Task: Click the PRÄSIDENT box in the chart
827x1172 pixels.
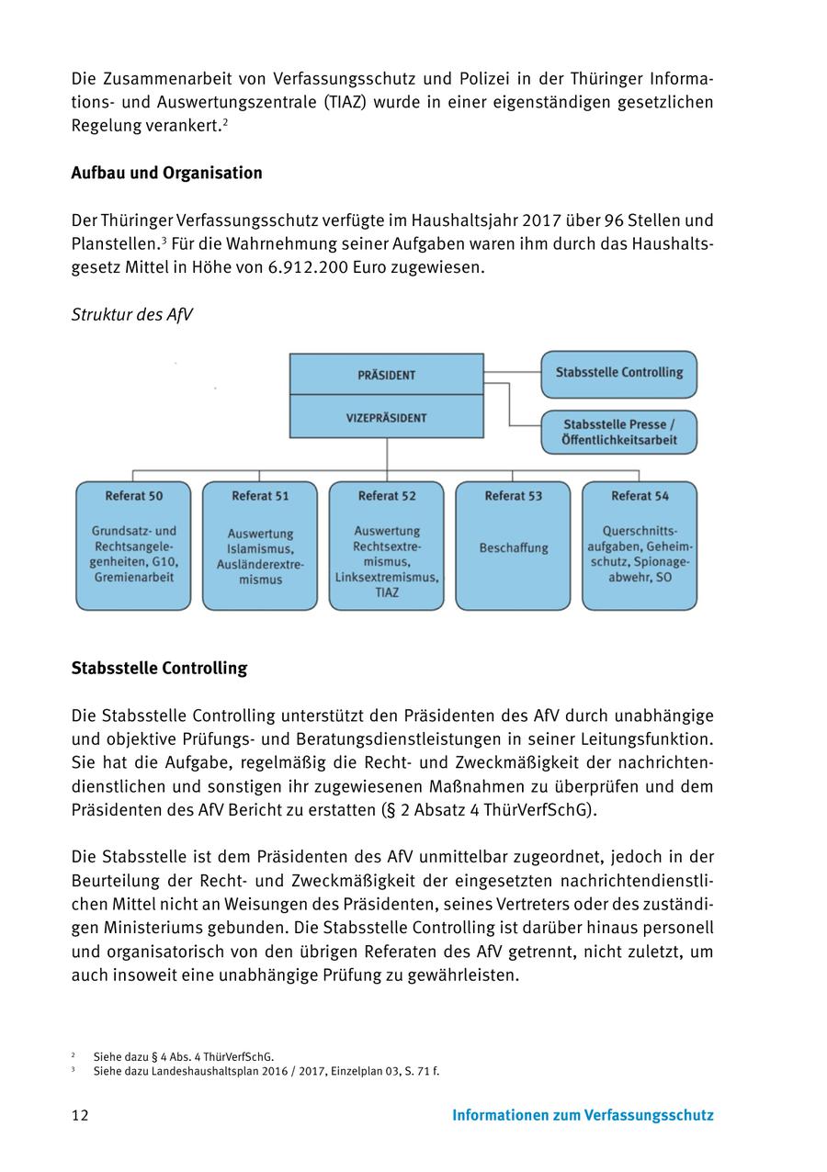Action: pyautogui.click(x=386, y=375)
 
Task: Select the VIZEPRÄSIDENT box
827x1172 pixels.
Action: pyautogui.click(x=386, y=418)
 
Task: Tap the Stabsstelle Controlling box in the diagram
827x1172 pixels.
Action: pyautogui.click(x=618, y=373)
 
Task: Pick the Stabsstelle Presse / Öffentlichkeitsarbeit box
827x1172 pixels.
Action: pyautogui.click(x=618, y=433)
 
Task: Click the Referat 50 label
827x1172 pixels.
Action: pyautogui.click(x=133, y=496)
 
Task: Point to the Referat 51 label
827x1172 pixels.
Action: pyautogui.click(x=260, y=496)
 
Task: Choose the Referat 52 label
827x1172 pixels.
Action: pyautogui.click(x=387, y=496)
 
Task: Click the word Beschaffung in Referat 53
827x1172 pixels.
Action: pyautogui.click(x=513, y=548)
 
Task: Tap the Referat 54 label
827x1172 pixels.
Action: pyautogui.click(x=640, y=496)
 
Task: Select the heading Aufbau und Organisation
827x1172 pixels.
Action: pyautogui.click(x=166, y=173)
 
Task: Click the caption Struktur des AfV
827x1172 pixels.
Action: pyautogui.click(x=131, y=315)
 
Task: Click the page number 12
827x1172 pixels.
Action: pyautogui.click(x=80, y=1116)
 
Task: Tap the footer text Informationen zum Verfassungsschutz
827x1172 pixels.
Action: pyautogui.click(x=583, y=1116)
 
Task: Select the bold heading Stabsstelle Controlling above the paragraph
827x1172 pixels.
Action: pyautogui.click(x=159, y=668)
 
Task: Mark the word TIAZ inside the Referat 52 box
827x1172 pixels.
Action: pyautogui.click(x=387, y=593)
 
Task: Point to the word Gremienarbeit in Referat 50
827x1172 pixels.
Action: pyautogui.click(x=133, y=578)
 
